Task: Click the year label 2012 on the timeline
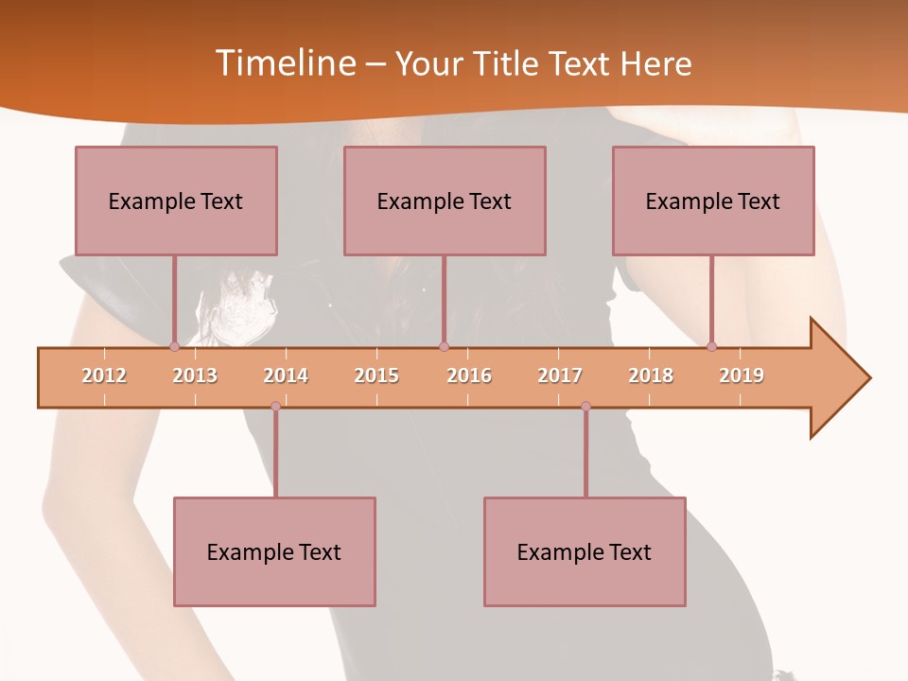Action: point(104,375)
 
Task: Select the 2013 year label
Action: point(195,375)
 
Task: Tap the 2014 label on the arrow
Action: point(286,375)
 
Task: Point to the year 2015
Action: point(376,375)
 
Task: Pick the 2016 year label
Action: point(469,375)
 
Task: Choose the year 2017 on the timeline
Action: point(560,375)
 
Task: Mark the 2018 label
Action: point(651,375)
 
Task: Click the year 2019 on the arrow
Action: point(742,375)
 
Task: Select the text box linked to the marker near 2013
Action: point(176,201)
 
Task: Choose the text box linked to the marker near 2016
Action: point(445,201)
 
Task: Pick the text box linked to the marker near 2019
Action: point(713,201)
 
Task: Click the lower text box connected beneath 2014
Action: point(274,551)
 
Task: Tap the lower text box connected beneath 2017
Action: point(585,551)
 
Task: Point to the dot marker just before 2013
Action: point(174,346)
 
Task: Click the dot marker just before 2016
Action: point(444,346)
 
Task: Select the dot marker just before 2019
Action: point(711,346)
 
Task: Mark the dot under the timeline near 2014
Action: point(275,406)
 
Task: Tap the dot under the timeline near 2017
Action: point(585,406)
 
